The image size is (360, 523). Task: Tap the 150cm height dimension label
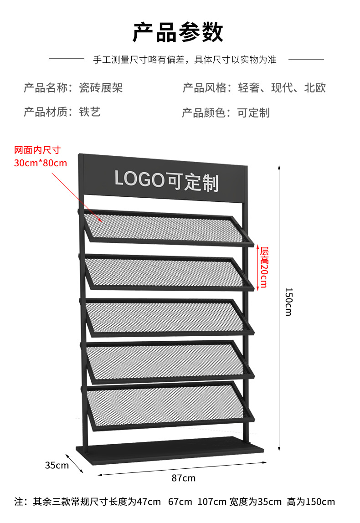point(288,302)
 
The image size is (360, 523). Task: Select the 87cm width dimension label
point(183,478)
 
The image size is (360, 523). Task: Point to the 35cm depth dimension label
point(57,465)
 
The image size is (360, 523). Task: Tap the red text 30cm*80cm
point(41,163)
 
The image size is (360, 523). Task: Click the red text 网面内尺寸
point(37,150)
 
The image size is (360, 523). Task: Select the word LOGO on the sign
point(139,178)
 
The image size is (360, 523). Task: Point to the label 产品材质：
point(49,112)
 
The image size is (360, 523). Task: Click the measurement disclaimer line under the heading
point(185,59)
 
